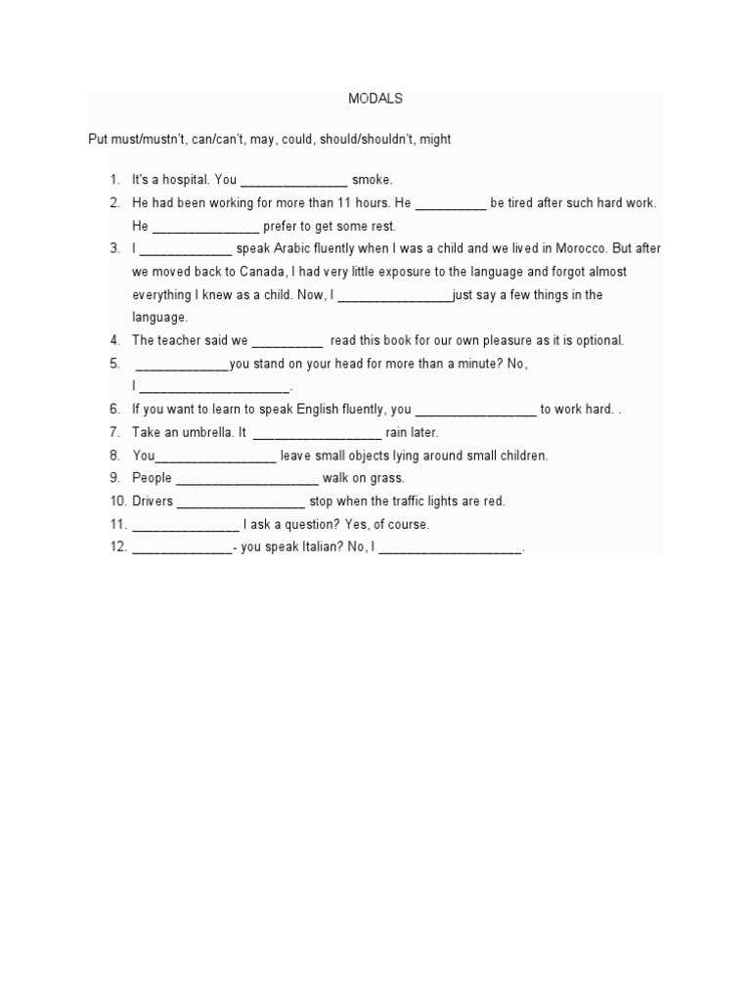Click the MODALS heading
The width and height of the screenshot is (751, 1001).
[x=375, y=99]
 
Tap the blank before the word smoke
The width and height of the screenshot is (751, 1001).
[x=293, y=181]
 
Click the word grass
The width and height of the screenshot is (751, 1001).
[x=387, y=478]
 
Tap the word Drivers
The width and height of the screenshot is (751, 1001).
[x=153, y=501]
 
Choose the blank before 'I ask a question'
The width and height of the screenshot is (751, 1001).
[x=185, y=525]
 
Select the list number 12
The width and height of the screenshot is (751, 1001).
[x=118, y=547]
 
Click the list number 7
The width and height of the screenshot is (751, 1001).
[x=114, y=432]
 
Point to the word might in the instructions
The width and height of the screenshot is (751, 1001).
[x=435, y=139]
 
